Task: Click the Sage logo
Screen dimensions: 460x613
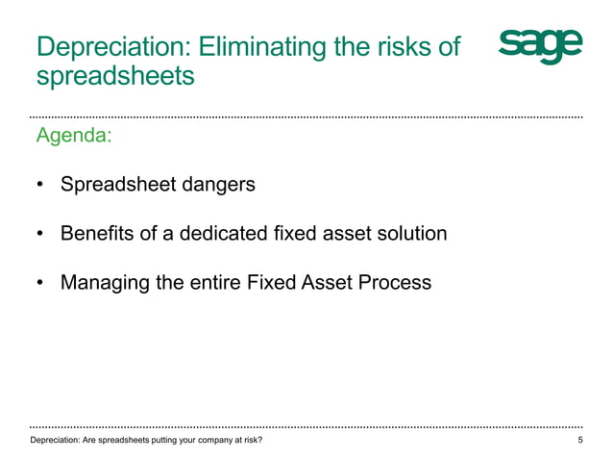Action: [x=540, y=45]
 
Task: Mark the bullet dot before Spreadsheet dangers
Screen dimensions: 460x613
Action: [x=40, y=184]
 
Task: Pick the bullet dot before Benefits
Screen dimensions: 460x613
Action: [x=40, y=234]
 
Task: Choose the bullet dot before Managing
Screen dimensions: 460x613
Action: [x=40, y=284]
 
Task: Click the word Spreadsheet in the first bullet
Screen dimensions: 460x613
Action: [x=117, y=184]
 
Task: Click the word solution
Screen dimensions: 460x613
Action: [x=411, y=233]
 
